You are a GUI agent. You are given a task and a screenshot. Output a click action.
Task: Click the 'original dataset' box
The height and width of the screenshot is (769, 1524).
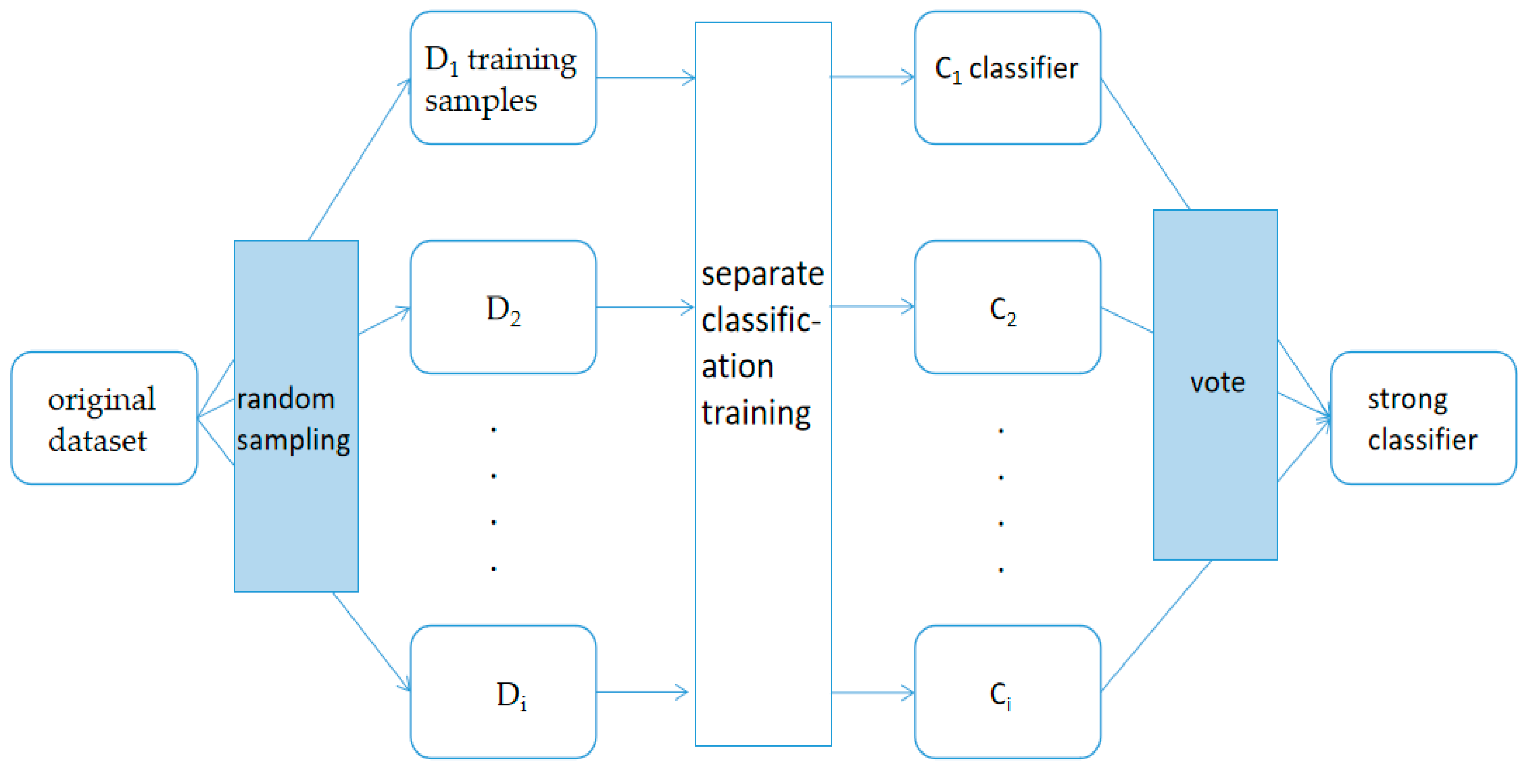[x=103, y=418]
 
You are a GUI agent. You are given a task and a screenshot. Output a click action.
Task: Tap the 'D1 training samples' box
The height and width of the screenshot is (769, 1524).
[x=503, y=78]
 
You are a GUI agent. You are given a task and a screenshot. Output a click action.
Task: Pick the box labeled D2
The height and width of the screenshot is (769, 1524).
[x=503, y=307]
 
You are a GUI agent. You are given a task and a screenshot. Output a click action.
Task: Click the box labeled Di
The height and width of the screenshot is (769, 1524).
[x=503, y=692]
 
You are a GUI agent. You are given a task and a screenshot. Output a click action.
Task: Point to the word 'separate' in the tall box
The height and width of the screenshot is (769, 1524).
[x=762, y=275]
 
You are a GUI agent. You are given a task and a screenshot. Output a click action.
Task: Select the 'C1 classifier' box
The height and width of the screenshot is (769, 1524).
[x=1007, y=78]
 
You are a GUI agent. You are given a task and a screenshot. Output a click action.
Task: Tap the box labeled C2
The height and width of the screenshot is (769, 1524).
[x=1007, y=307]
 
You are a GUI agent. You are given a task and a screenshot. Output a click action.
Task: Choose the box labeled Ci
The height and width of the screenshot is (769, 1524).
[x=1007, y=692]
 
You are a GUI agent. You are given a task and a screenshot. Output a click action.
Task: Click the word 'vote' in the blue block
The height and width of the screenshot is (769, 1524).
[x=1217, y=382]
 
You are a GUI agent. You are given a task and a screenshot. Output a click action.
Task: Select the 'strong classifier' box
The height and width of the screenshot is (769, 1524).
[x=1423, y=418]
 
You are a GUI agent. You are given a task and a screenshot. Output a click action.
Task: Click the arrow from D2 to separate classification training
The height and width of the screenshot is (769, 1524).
[x=645, y=307]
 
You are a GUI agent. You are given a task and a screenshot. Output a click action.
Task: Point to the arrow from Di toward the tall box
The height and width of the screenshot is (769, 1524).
[x=642, y=691]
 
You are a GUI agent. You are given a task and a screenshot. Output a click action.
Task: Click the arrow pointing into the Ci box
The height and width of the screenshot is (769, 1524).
[x=873, y=693]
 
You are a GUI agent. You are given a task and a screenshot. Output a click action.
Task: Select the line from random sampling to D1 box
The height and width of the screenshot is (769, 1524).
[x=359, y=160]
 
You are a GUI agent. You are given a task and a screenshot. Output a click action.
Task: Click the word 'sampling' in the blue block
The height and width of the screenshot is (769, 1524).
[x=293, y=441]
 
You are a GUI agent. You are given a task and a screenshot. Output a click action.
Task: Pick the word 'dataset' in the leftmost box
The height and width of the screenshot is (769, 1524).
[x=97, y=442]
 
